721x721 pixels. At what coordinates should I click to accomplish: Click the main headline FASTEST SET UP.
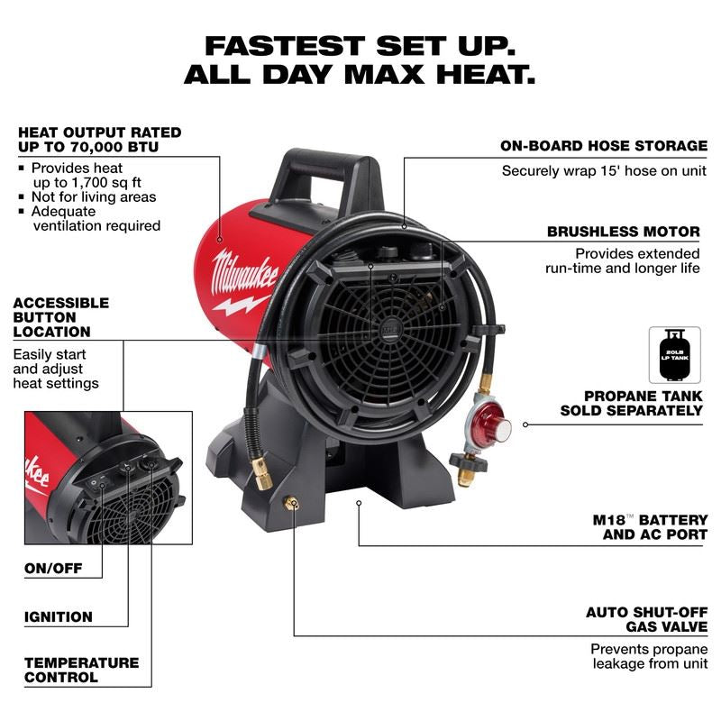click(x=360, y=44)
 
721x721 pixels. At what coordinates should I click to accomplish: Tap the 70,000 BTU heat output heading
click(x=99, y=140)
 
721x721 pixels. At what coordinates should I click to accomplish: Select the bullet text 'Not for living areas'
click(x=94, y=196)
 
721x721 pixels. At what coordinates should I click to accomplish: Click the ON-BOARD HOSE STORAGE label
click(x=604, y=145)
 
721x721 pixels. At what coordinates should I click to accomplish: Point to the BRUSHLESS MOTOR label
click(x=623, y=232)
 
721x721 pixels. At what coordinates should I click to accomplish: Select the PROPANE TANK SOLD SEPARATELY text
click(x=631, y=403)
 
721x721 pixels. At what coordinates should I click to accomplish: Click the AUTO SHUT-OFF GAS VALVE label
click(x=646, y=619)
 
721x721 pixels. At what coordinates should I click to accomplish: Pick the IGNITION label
click(x=59, y=617)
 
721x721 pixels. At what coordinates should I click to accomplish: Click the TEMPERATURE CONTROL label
click(x=81, y=670)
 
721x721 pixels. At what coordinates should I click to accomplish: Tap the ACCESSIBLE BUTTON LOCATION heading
click(x=61, y=317)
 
